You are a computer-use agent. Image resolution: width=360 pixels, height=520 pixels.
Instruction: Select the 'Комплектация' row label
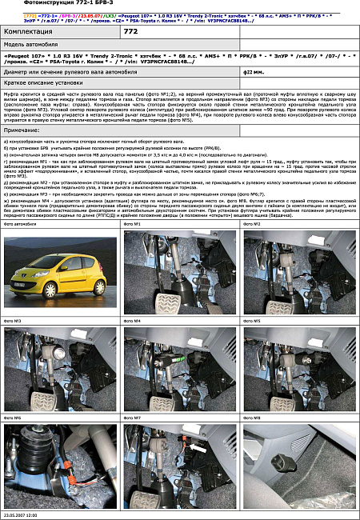tap(26, 30)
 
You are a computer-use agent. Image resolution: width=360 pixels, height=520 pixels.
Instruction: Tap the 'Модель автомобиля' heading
tap(29, 45)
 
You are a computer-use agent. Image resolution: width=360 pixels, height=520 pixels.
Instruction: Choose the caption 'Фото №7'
tap(132, 418)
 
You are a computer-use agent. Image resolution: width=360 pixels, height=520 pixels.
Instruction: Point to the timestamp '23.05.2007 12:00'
tap(22, 516)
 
